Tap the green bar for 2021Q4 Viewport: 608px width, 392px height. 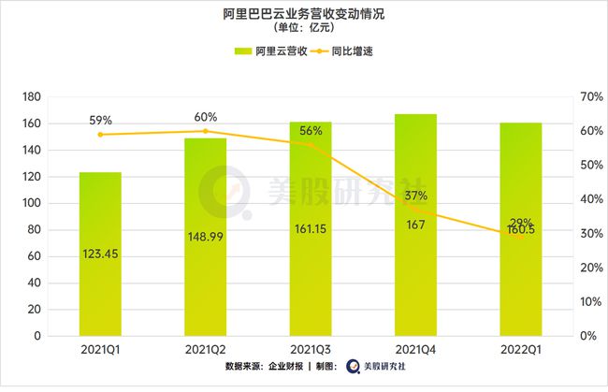pyautogui.click(x=415, y=271)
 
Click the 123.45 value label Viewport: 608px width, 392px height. pyautogui.click(x=100, y=253)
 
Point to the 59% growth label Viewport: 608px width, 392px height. pyautogui.click(x=100, y=121)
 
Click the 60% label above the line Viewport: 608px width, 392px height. pyautogui.click(x=206, y=117)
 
